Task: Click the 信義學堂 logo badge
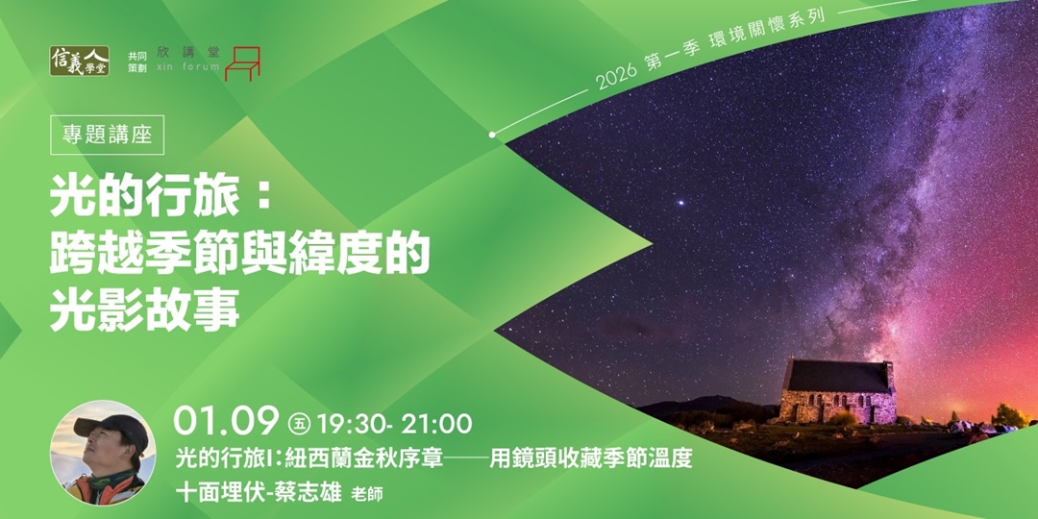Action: coord(79,61)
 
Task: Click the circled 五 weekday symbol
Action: coord(296,423)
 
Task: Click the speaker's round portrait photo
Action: coord(103,453)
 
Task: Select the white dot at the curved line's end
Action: coord(492,135)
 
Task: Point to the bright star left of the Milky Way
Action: coord(683,203)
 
